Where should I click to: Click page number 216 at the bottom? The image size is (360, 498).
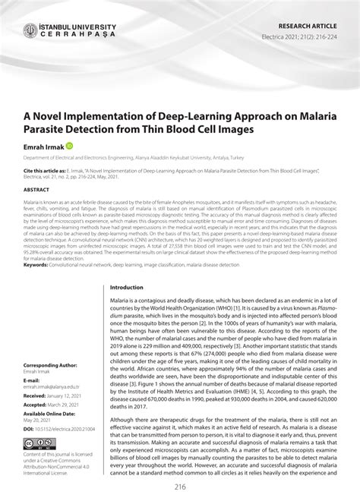pos(181,486)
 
